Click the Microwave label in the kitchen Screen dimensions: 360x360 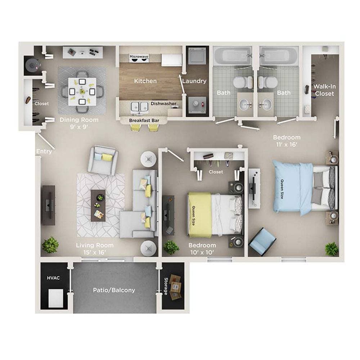[x=139, y=57]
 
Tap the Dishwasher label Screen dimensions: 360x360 [x=163, y=104]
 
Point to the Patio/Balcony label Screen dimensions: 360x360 [x=114, y=290]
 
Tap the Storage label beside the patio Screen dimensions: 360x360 [x=166, y=286]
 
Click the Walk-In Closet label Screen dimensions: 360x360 [x=324, y=90]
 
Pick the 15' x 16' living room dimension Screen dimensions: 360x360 [x=95, y=252]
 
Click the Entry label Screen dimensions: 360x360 [x=44, y=152]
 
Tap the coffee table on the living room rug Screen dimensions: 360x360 [x=99, y=205]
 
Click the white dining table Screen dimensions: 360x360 [x=82, y=90]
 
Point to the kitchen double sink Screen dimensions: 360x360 [x=140, y=107]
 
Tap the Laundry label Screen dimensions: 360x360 [x=194, y=81]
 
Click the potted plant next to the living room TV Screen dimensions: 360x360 [x=50, y=245]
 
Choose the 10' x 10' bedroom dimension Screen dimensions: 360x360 [x=202, y=252]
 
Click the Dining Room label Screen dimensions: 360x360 [x=79, y=120]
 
